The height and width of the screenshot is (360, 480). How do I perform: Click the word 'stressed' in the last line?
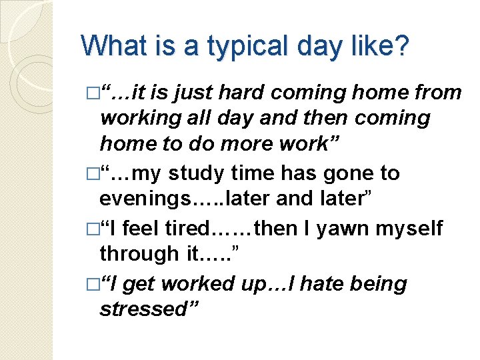coord(143,310)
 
